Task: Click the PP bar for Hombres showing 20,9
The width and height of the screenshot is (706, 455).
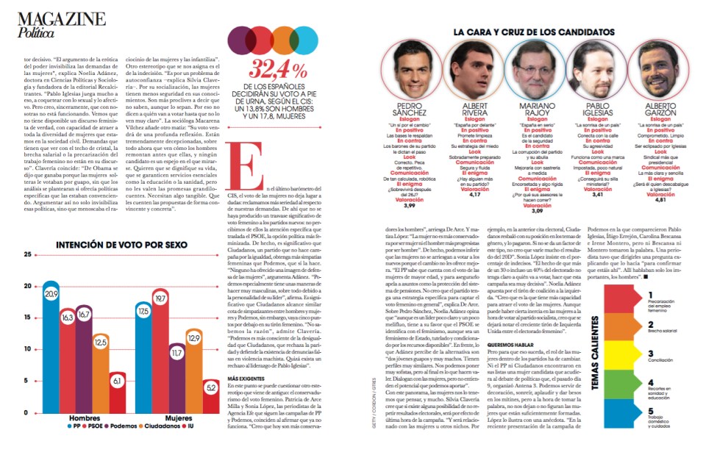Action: click(x=51, y=345)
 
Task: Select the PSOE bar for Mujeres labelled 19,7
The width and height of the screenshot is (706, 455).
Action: click(x=160, y=349)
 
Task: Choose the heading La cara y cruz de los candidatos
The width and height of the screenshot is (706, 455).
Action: click(x=533, y=32)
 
